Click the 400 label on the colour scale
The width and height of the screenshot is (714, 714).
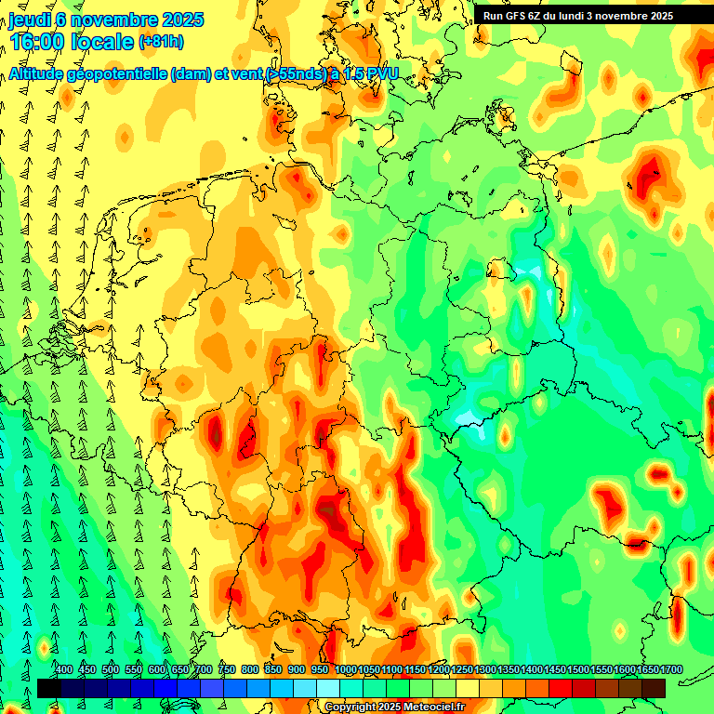64,669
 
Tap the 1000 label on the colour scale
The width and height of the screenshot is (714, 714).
346,669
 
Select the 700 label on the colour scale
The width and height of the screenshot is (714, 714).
204,669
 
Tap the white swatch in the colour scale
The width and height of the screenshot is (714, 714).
328,688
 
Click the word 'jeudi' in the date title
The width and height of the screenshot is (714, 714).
30,20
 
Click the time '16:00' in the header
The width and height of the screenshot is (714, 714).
39,42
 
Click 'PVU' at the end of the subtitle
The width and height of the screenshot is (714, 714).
380,74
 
